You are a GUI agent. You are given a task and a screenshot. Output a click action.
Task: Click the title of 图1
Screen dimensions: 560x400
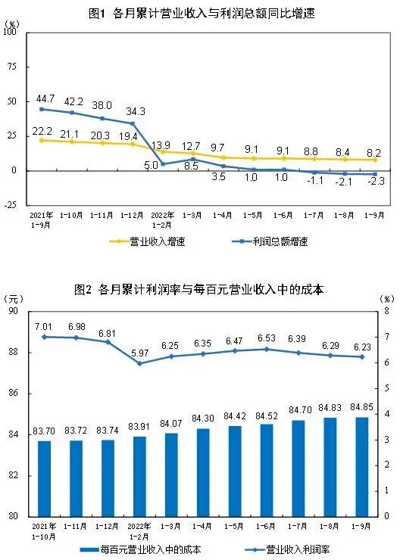coord(199,12)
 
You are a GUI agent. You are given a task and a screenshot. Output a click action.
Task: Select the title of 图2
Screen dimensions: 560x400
coord(199,289)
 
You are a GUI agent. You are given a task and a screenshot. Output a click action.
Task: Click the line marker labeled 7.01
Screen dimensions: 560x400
coord(44,336)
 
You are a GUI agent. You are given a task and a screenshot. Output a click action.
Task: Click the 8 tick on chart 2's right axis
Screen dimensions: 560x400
coord(386,311)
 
